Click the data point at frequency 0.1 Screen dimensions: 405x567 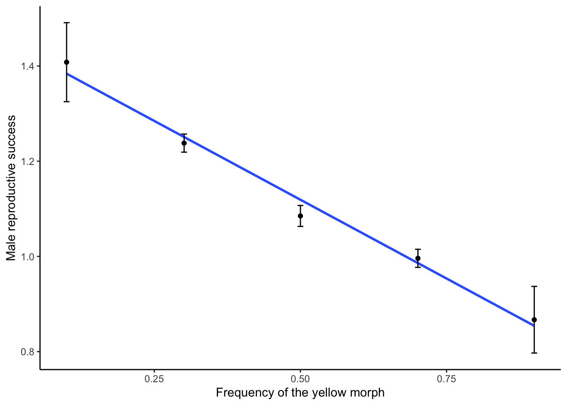coord(67,62)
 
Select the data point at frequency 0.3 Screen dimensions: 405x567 coord(184,143)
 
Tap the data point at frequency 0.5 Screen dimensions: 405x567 coord(300,216)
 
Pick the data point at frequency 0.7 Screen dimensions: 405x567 coord(418,258)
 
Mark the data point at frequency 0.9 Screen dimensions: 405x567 coord(534,320)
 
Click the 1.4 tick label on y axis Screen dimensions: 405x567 coord(28,66)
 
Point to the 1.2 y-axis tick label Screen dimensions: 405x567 coord(28,161)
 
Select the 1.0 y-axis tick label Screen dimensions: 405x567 coord(28,256)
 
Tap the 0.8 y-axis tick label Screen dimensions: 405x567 coord(28,352)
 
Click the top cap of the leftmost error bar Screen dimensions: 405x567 coord(67,23)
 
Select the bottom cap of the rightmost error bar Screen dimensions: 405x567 coord(534,353)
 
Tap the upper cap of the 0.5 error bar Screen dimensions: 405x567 coord(300,205)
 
